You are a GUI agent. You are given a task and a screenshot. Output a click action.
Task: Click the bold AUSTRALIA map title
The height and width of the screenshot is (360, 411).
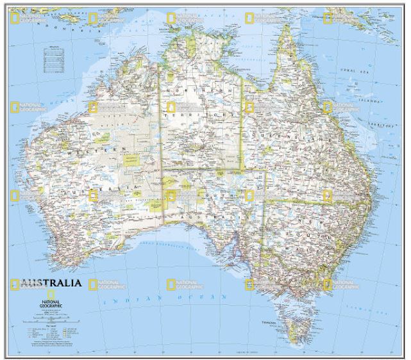tap(51, 282)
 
